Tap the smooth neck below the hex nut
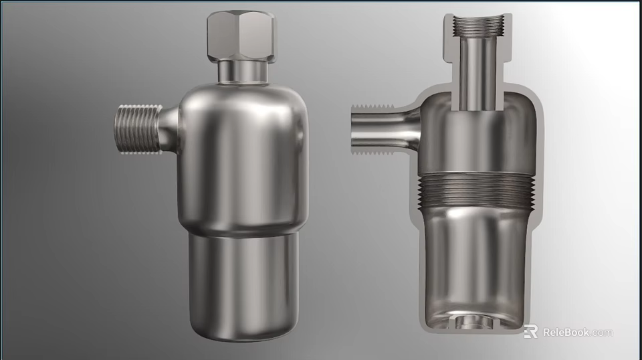(x=241, y=71)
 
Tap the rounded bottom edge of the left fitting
(x=243, y=335)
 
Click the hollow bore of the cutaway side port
(x=381, y=127)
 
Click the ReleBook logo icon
(x=530, y=332)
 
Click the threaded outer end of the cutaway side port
(x=361, y=127)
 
